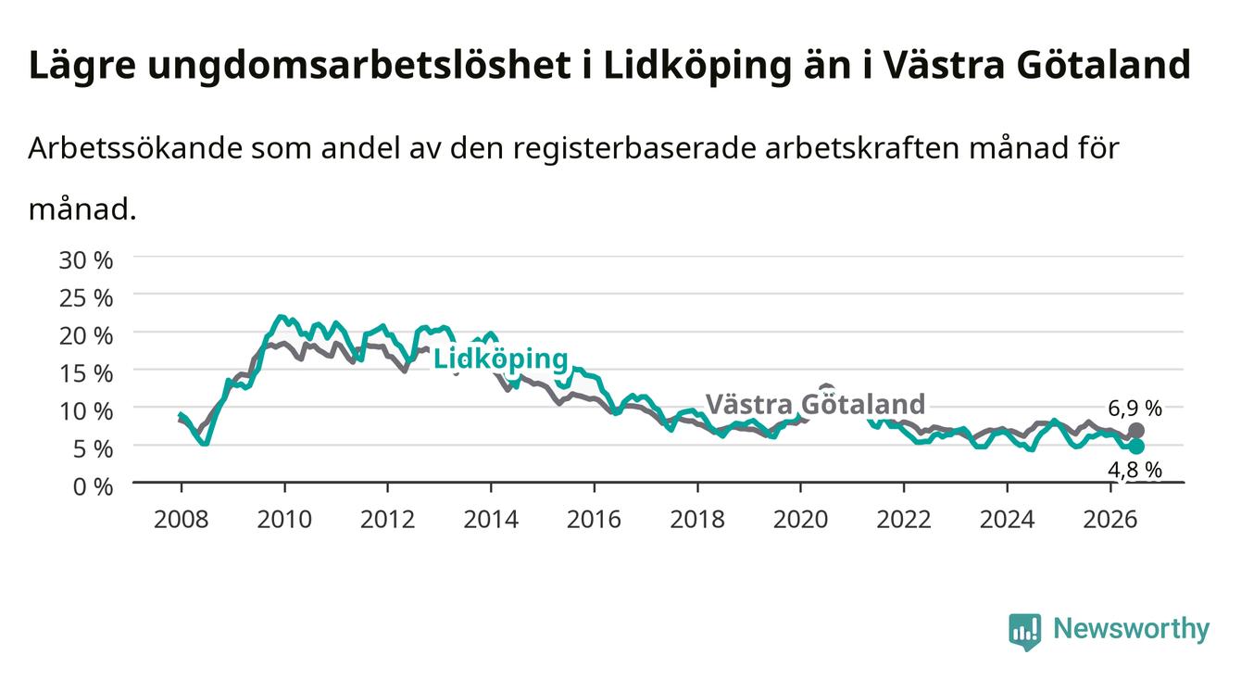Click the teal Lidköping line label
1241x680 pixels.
pos(500,359)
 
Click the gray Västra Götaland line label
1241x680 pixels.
pos(815,404)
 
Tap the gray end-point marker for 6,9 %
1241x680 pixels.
pos(1136,431)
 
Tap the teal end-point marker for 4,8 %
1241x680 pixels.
pos(1136,447)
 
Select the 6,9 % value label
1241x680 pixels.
pos(1134,409)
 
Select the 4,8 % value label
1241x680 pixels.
pos(1134,470)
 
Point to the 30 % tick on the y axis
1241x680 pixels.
pos(86,260)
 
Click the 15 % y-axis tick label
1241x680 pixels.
pos(86,373)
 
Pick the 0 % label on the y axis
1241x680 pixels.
pos(93,486)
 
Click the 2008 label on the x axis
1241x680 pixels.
pos(182,520)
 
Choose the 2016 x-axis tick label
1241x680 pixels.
pos(594,520)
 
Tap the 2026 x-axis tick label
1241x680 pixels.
pos(1110,520)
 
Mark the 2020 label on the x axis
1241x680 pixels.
pos(800,520)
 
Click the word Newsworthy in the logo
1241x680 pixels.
pos(1132,629)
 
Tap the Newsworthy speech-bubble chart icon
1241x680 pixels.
pos(1025,632)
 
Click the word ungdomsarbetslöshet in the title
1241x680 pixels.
pos(359,66)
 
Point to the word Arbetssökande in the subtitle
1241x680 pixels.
pos(135,148)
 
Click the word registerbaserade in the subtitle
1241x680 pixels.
pos(635,149)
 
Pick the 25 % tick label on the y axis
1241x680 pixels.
pos(86,298)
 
